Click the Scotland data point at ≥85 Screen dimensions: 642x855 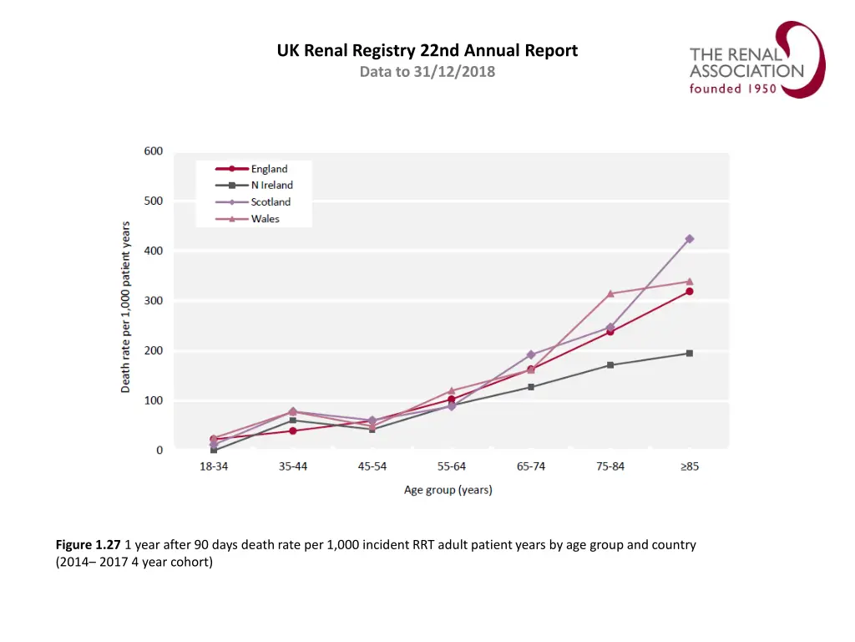(690, 239)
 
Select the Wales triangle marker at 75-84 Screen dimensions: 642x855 (610, 293)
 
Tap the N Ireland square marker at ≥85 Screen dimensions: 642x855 (690, 353)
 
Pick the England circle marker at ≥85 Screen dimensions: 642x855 (690, 291)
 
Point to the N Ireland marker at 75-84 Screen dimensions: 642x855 (610, 364)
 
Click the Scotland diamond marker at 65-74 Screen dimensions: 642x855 (531, 354)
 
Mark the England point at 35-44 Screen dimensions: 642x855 (293, 431)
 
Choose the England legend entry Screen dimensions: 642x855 (254, 169)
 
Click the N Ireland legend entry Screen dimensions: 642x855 (254, 186)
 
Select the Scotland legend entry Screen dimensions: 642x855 (254, 202)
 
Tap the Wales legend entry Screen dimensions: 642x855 (254, 219)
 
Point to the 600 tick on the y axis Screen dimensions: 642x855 (153, 151)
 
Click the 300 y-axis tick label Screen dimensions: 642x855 (153, 301)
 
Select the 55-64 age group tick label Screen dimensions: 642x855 (452, 466)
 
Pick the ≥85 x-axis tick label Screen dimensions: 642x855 (690, 466)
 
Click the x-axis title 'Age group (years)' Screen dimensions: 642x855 (448, 490)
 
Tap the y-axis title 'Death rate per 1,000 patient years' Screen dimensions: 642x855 (126, 307)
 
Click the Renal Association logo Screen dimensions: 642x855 (756, 60)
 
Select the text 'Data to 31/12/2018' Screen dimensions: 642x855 (427, 72)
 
